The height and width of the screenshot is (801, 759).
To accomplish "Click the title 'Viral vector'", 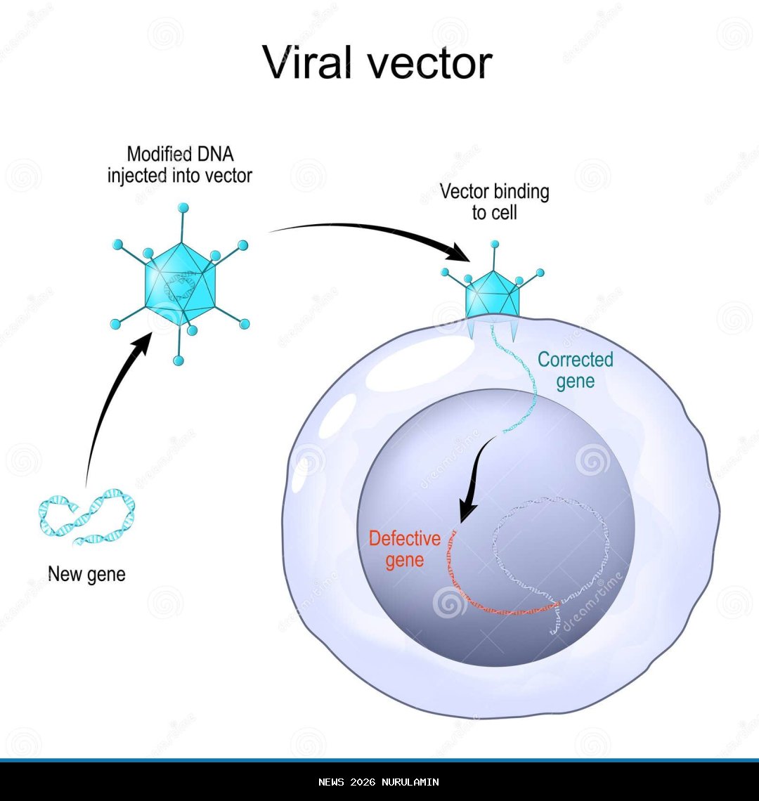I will [378, 63].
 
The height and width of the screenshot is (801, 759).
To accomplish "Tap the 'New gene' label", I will [86, 574].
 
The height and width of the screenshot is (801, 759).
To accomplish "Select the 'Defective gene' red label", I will [404, 549].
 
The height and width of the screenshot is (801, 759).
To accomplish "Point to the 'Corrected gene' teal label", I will [575, 370].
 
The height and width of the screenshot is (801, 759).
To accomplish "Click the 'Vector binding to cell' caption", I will [494, 202].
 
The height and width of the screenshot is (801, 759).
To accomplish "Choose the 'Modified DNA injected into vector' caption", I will [179, 165].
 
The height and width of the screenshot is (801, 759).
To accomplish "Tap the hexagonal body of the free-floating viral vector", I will [179, 285].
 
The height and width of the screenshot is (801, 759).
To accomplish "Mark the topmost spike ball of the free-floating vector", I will [183, 207].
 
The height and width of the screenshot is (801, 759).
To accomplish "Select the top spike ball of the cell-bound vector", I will [495, 245].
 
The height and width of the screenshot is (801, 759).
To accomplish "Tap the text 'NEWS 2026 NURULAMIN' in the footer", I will [379, 782].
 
